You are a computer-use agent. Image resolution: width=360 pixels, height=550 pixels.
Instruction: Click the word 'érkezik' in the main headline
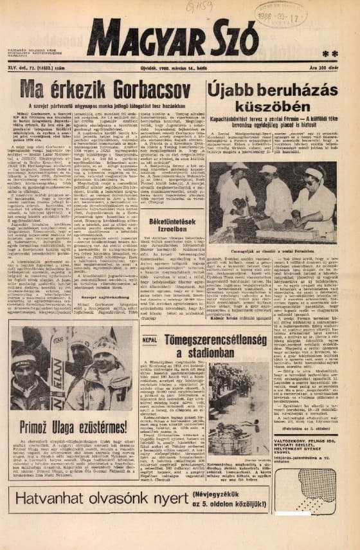[70, 89]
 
